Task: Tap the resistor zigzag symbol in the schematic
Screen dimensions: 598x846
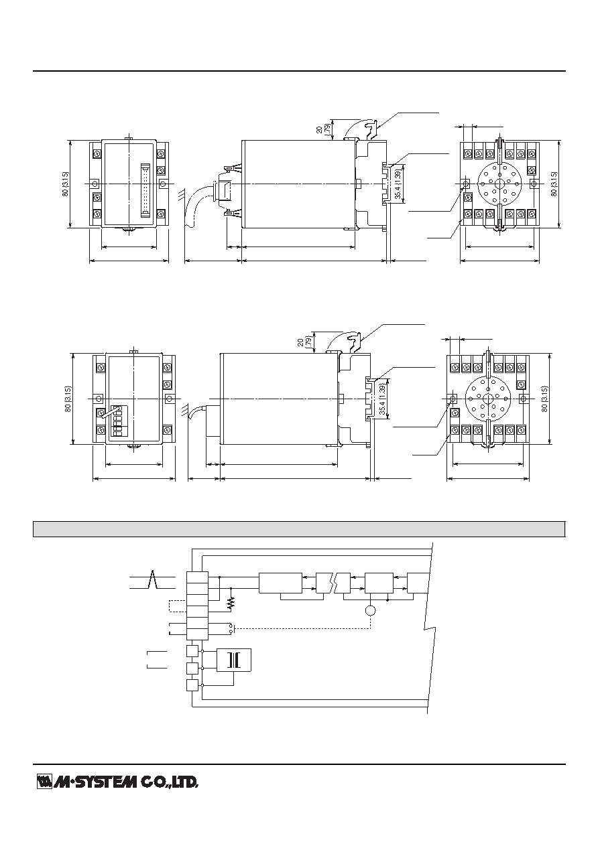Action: tap(231, 604)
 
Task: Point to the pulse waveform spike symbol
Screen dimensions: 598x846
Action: tap(153, 579)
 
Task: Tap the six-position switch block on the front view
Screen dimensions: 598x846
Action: tap(117, 422)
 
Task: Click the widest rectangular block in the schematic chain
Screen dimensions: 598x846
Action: tap(280, 583)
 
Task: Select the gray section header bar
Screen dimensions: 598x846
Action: tap(299, 528)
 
